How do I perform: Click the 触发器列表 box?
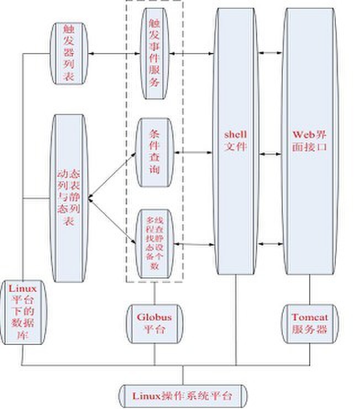pos(69,54)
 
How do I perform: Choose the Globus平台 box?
pos(154,324)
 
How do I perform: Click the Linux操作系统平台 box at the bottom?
pos(183,395)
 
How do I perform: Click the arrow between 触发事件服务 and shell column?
pos(193,54)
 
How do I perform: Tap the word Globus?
pos(154,318)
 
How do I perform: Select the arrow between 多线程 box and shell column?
pos(193,243)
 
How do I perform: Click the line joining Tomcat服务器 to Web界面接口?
pos(309,290)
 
